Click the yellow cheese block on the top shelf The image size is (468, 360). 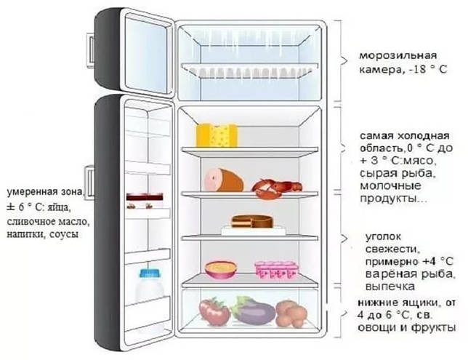[217, 135]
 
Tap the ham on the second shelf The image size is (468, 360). [224, 180]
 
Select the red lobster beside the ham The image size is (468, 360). [276, 189]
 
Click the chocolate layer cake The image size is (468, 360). [252, 221]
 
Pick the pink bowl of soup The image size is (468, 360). [221, 269]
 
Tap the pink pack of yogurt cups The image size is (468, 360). [276, 270]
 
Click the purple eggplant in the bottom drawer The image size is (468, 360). [254, 311]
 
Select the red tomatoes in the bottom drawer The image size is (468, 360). [214, 311]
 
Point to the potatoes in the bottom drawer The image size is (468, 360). [291, 313]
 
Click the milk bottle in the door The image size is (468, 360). [150, 286]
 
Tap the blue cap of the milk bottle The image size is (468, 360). [150, 273]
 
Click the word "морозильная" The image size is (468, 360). [398, 55]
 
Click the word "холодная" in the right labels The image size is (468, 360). [423, 135]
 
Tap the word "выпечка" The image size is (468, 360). [390, 287]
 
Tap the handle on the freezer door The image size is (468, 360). [91, 49]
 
